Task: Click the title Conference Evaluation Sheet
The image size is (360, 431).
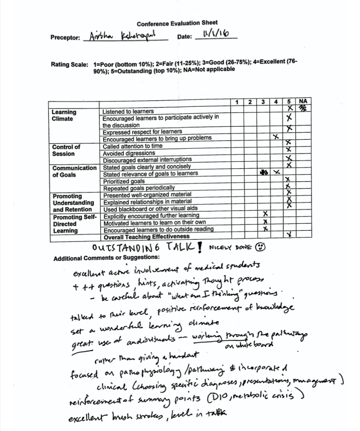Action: point(177,23)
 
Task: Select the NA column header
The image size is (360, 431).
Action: point(302,102)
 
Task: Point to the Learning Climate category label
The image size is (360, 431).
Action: point(64,115)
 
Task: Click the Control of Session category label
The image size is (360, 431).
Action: point(66,150)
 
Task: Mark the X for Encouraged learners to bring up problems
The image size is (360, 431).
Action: point(275,137)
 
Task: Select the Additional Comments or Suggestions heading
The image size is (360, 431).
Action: point(106,257)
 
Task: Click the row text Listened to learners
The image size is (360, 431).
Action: point(128,112)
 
